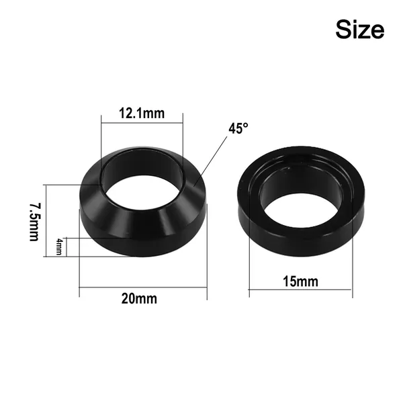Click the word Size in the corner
(x=360, y=30)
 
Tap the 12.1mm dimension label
(x=142, y=114)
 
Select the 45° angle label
(x=238, y=128)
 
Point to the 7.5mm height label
(x=34, y=222)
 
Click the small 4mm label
(x=59, y=247)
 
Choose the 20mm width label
(x=139, y=299)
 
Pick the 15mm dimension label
(x=300, y=281)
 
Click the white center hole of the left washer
(x=140, y=192)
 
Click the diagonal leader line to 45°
(x=210, y=161)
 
